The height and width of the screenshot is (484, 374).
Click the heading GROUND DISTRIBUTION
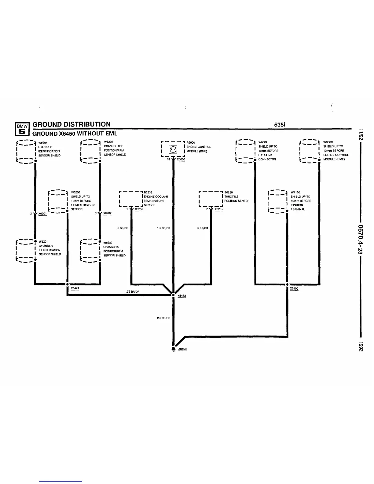(71, 124)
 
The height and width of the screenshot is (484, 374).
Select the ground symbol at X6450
(174, 349)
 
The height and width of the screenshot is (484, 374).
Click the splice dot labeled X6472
(173, 295)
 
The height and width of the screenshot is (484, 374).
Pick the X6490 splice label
(294, 288)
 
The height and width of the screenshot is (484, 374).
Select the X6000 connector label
(181, 159)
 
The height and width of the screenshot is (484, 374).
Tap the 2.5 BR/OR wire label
(163, 318)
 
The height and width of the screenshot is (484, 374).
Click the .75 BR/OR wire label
(133, 292)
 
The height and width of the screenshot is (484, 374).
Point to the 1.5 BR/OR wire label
(163, 228)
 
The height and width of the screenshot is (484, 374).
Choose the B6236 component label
(148, 192)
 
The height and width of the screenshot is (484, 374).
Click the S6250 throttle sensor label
(229, 192)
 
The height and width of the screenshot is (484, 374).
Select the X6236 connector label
(139, 209)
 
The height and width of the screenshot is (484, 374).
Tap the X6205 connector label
(219, 209)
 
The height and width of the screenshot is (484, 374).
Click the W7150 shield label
(295, 193)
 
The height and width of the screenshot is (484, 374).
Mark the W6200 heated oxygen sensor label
(75, 193)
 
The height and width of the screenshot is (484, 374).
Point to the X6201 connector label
(42, 214)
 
